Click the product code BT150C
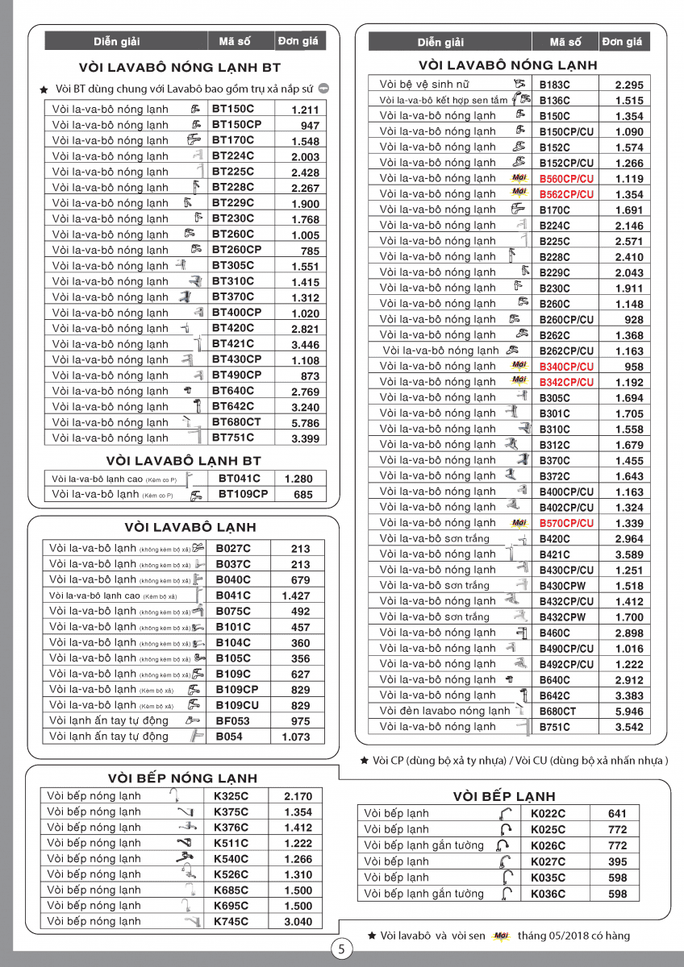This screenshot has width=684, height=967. click(232, 109)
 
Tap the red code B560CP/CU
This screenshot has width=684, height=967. click(566, 179)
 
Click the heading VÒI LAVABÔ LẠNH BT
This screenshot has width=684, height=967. click(184, 461)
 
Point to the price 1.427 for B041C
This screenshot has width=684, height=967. click(296, 596)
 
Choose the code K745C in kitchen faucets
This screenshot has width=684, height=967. click(231, 921)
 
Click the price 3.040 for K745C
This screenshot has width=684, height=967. click(298, 922)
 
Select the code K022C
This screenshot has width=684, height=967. click(548, 814)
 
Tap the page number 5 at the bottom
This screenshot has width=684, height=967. click(341, 949)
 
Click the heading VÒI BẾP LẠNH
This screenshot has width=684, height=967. click(504, 796)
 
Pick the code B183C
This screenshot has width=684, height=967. click(554, 84)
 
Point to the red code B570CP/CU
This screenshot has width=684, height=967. click(566, 523)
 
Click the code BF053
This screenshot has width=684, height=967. click(232, 721)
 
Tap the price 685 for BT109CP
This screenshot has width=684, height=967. click(303, 495)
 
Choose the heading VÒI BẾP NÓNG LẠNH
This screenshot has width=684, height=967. click(182, 778)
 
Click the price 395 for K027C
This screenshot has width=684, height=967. click(617, 861)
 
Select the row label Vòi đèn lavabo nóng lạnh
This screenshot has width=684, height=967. click(444, 711)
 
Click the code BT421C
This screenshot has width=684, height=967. click(232, 344)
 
